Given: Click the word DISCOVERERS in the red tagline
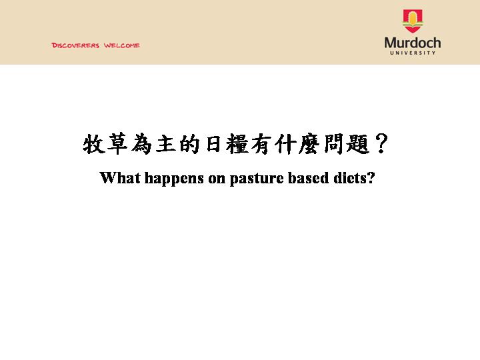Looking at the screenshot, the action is coord(75,45).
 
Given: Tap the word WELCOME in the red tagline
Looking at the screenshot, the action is coord(122,45).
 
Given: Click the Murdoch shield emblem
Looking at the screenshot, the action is coord(413,21).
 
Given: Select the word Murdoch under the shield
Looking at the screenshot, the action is coord(413,43).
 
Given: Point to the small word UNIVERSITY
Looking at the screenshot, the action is coord(413,53).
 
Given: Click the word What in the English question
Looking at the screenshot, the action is coord(120,178).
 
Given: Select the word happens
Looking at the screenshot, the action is coord(174,179).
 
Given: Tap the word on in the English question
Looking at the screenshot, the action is coord(217,179).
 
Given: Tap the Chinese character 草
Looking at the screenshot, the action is coord(117,143).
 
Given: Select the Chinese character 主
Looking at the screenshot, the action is coord(165,144).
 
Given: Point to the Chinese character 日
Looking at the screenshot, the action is coord(214,144).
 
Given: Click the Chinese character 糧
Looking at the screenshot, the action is coord(237,143).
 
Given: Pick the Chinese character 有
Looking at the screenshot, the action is coord(261,144).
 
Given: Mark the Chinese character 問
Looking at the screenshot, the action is coord(334,144).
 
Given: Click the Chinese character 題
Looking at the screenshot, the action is coord(357,144).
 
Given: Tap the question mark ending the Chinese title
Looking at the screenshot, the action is coord(381,143).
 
